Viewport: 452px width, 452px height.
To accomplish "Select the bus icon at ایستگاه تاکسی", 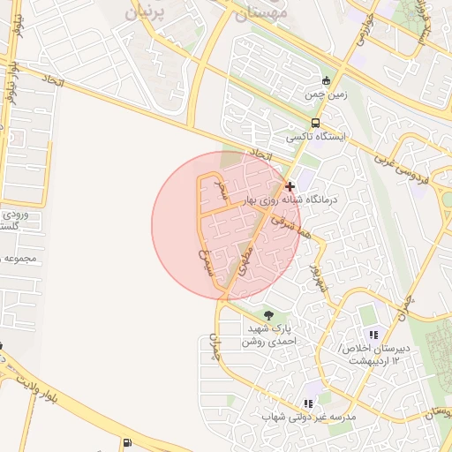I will pyautogui.click(x=315, y=124).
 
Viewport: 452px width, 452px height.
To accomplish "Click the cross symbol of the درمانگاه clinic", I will pyautogui.click(x=290, y=186).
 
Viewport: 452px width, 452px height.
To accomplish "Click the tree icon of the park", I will pyautogui.click(x=268, y=315).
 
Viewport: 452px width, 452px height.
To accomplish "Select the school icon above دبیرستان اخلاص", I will pyautogui.click(x=373, y=335).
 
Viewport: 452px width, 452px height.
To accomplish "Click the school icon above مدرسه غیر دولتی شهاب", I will pyautogui.click(x=308, y=403).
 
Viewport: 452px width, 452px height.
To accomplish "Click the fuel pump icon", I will pyautogui.click(x=129, y=443).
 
